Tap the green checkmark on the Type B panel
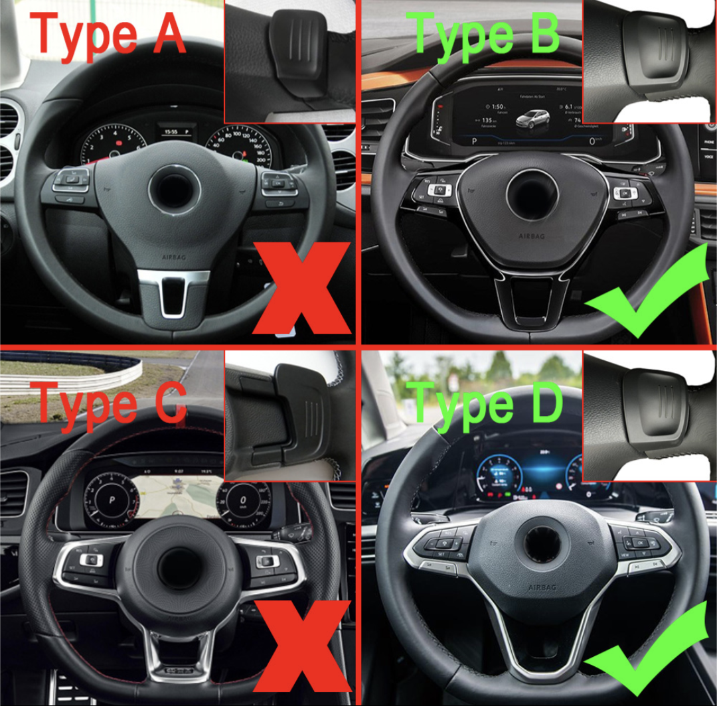tap(654, 292)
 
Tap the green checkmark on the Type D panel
tap(654, 654)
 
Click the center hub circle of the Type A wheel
tap(174, 188)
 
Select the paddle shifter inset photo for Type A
tap(290, 61)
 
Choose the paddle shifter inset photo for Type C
tap(290, 415)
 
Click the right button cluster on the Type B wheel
tap(627, 196)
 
